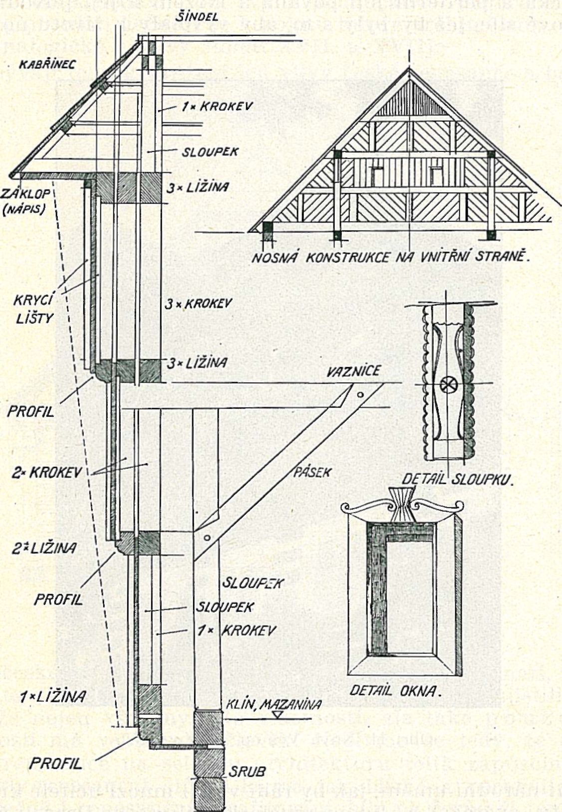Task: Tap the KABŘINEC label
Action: [39, 65]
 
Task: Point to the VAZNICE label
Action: [353, 371]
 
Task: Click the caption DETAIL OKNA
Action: [397, 691]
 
